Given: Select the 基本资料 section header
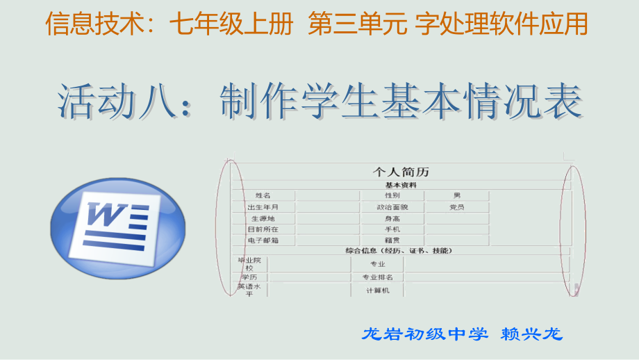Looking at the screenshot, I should tap(401, 185).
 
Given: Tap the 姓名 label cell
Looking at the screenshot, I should tap(263, 196).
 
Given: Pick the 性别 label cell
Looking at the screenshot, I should tap(392, 196).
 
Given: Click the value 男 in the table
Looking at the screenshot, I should tap(456, 196).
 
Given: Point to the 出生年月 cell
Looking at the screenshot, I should tap(263, 207).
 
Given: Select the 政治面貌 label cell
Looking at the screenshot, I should tap(392, 207).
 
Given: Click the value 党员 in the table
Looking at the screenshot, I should tap(456, 207).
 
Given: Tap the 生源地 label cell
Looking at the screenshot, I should tap(263, 218).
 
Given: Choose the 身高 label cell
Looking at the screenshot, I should tap(392, 218).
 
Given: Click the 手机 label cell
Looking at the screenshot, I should tap(392, 229).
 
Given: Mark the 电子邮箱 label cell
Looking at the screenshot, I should tap(263, 240).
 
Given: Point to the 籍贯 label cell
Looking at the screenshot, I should tap(392, 240).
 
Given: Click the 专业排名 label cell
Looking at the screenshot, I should tap(378, 277).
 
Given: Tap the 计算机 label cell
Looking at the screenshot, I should tap(378, 291).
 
